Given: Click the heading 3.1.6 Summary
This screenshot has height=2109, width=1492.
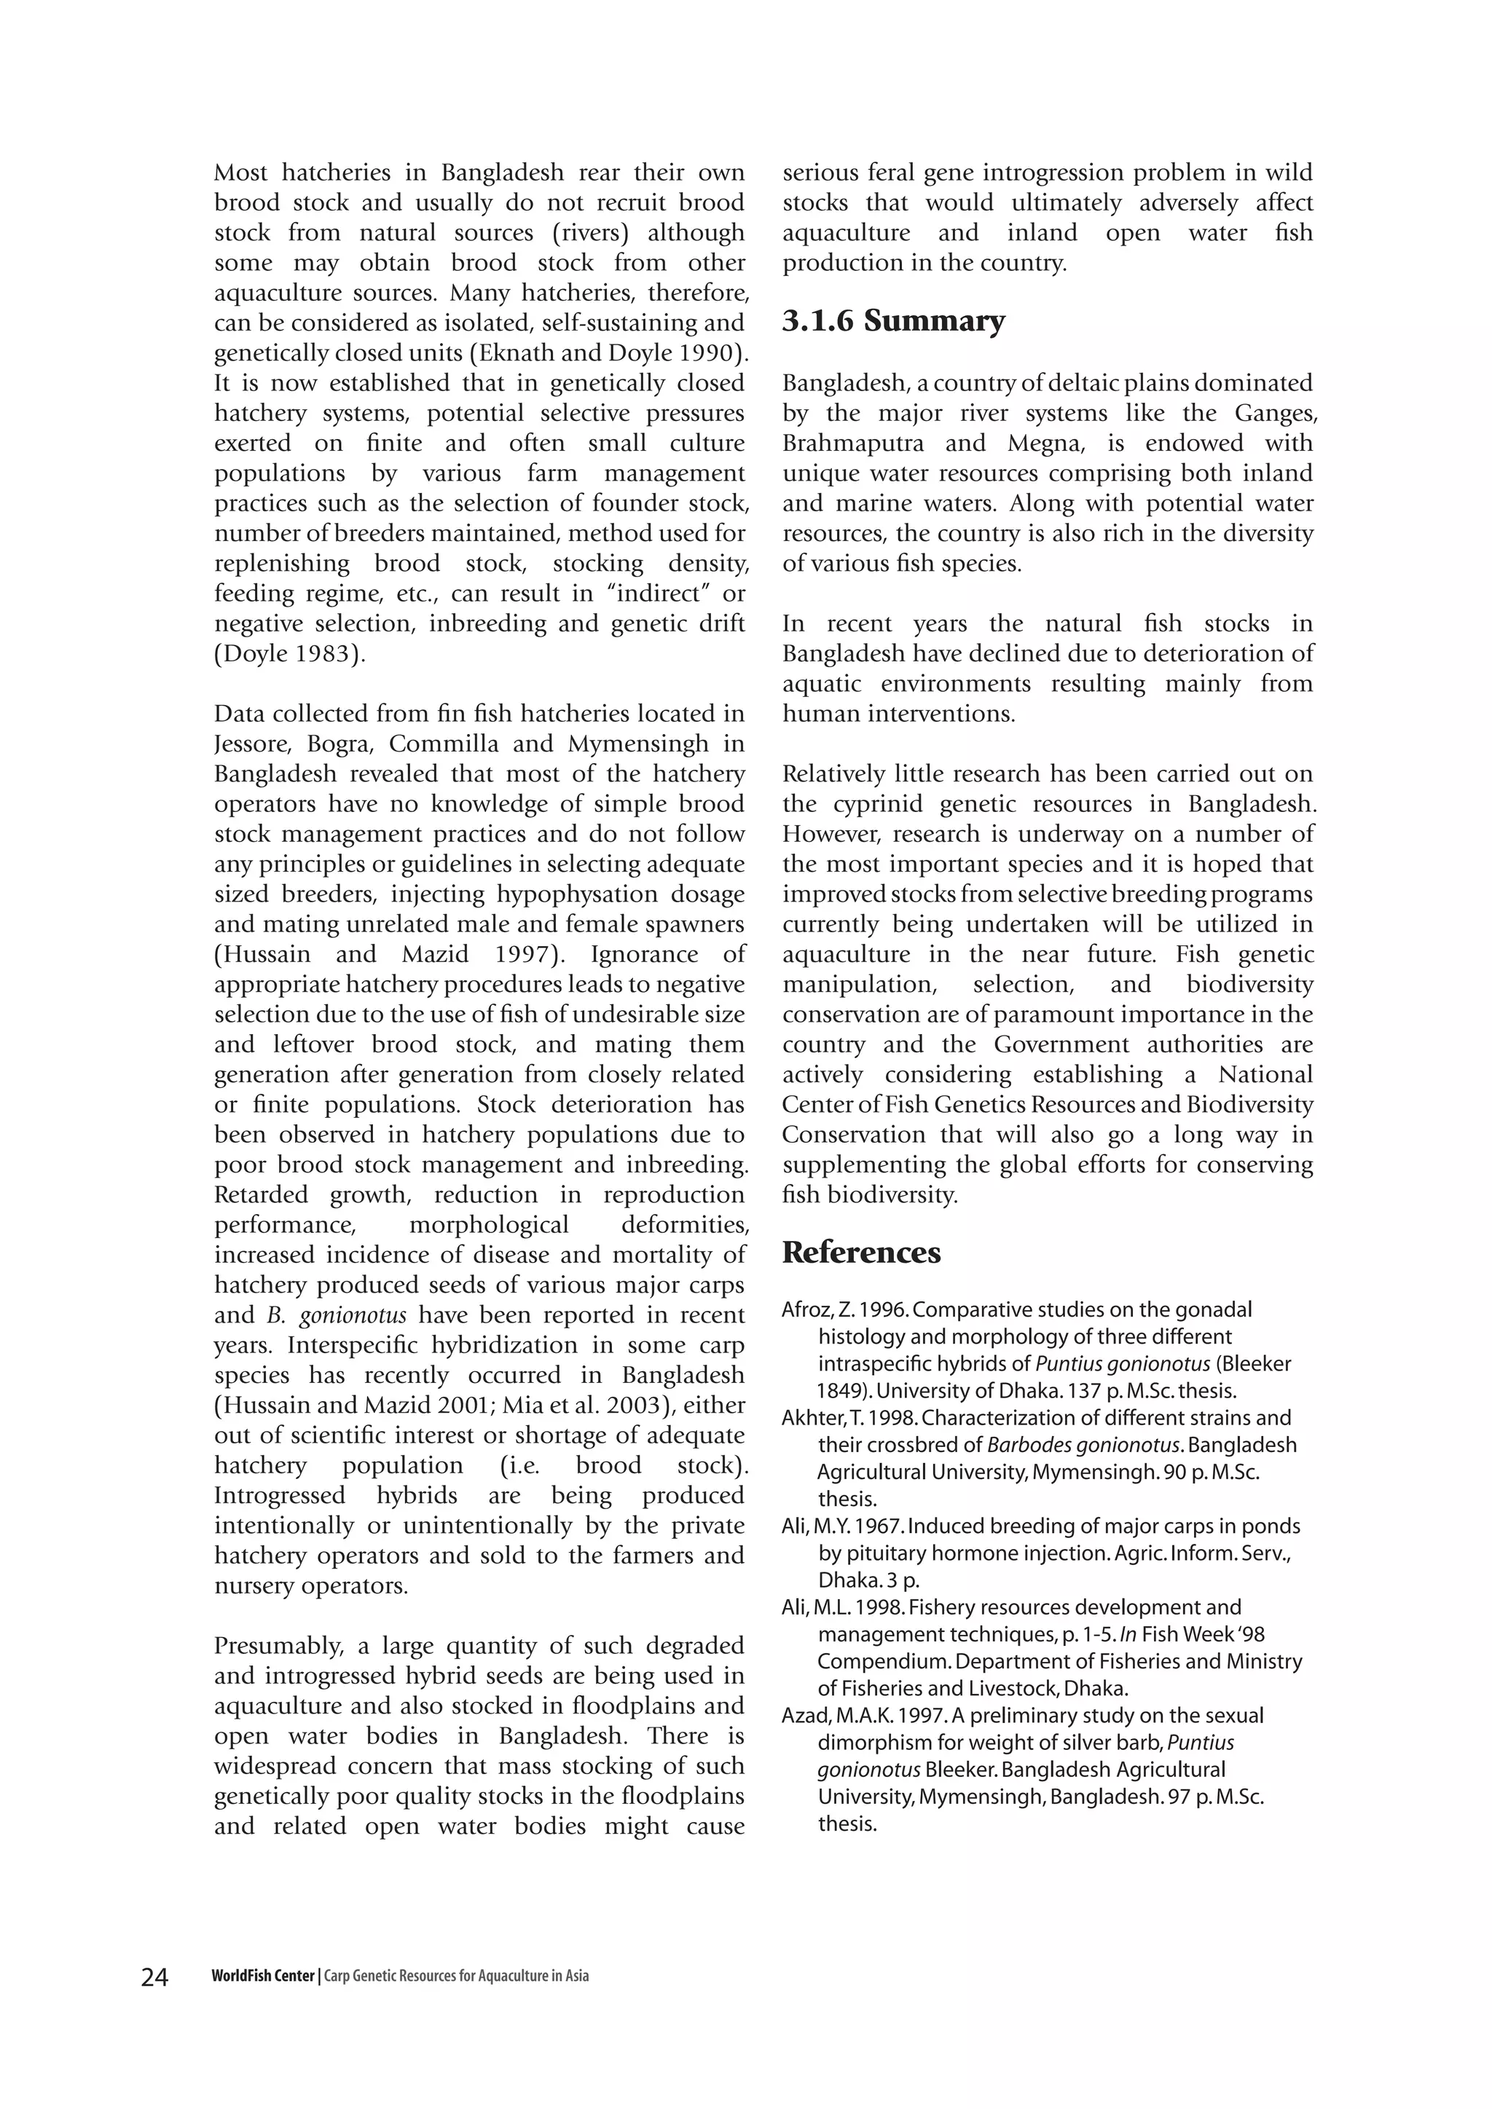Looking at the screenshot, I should click(x=893, y=320).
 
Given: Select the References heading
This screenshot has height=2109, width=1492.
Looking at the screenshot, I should click(x=861, y=1253).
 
